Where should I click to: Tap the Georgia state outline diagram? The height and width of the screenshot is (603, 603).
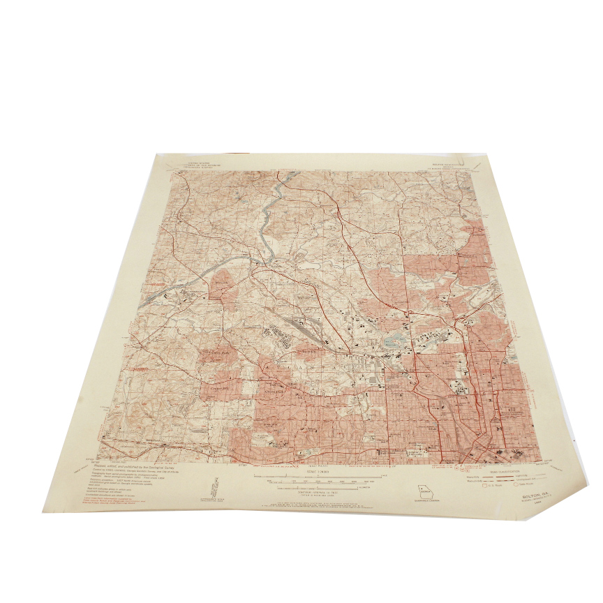click(x=424, y=491)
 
